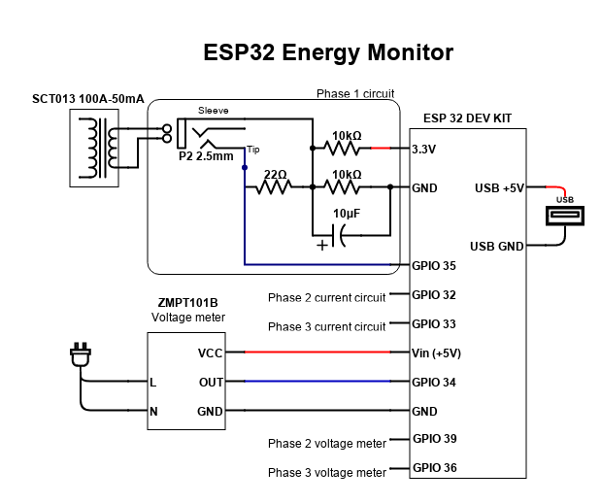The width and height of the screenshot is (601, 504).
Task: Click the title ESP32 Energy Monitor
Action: (x=328, y=51)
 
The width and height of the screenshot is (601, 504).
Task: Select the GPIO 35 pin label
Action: (x=434, y=265)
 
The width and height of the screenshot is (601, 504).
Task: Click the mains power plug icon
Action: (x=81, y=357)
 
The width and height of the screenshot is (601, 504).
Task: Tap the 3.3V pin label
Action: (x=424, y=150)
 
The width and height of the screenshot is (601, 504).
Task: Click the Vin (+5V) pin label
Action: (x=436, y=353)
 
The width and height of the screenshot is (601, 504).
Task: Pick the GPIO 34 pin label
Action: (x=434, y=382)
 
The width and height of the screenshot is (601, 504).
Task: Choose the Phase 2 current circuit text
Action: (x=326, y=297)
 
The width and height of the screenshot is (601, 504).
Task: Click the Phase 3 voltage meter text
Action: (x=327, y=473)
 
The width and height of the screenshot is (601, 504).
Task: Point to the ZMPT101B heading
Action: (x=187, y=302)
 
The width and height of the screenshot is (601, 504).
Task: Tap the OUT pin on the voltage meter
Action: (x=210, y=382)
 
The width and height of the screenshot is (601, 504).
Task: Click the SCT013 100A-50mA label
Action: (x=87, y=100)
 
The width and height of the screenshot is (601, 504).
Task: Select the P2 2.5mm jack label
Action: (x=206, y=156)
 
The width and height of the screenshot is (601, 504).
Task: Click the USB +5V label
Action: (x=499, y=187)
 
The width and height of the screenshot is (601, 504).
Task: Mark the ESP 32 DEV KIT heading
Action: (x=468, y=118)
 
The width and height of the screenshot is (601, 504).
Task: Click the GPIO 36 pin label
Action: (x=434, y=468)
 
